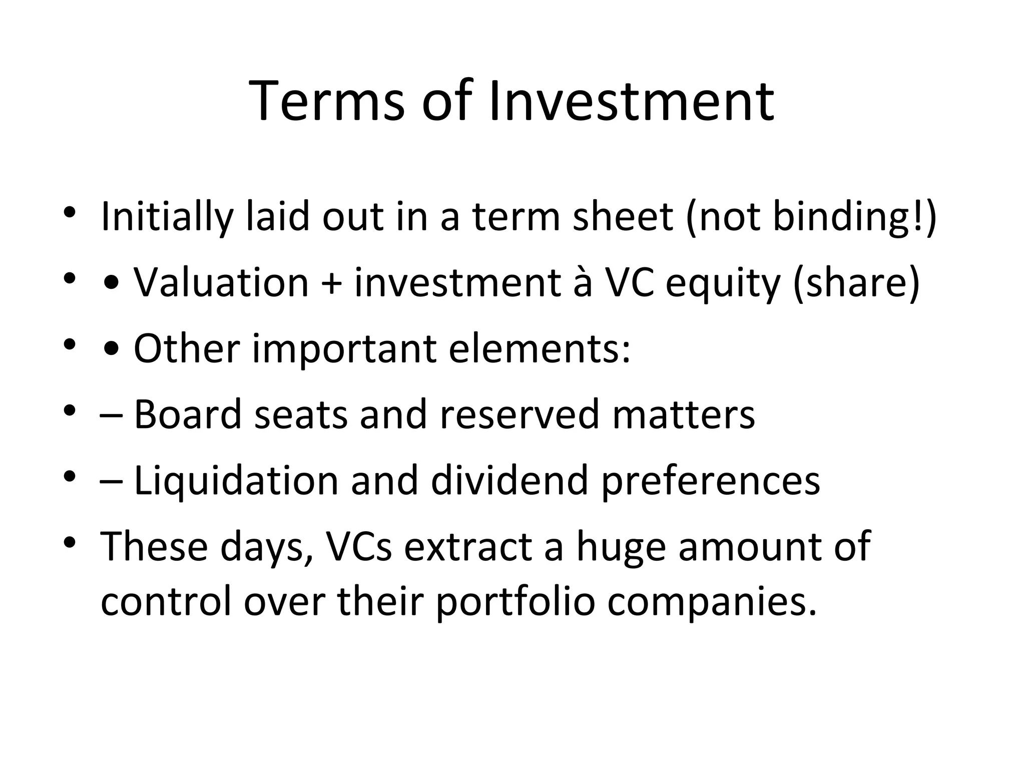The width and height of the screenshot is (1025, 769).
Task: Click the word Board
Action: [x=188, y=414]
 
